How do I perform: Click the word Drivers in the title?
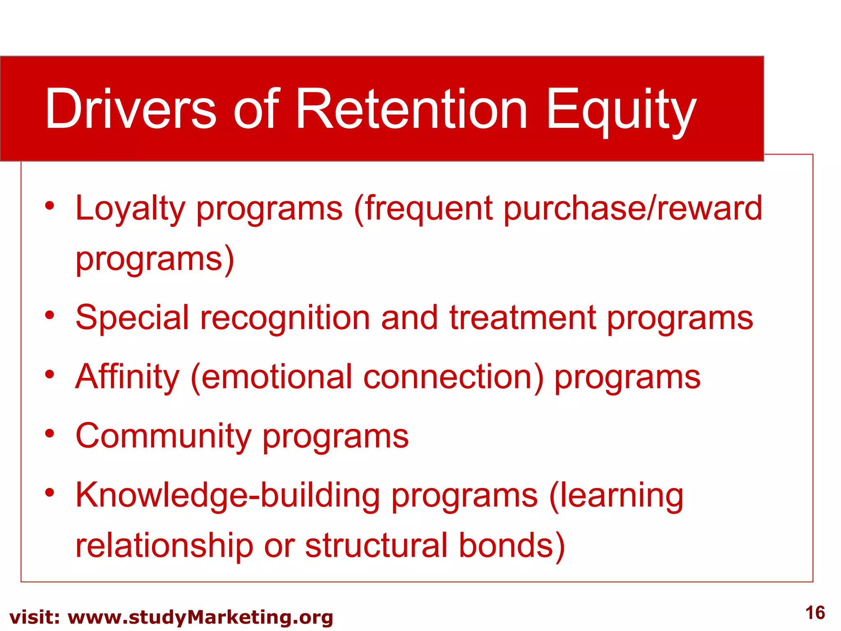[131, 109]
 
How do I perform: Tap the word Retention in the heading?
[411, 109]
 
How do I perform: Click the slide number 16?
[815, 613]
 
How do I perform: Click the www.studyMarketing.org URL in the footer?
[200, 617]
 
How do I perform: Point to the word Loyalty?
[131, 209]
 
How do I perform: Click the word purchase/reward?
[632, 209]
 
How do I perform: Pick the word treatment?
[523, 317]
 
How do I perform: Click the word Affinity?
[127, 377]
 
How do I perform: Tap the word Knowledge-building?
[228, 495]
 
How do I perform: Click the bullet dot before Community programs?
[50, 433]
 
